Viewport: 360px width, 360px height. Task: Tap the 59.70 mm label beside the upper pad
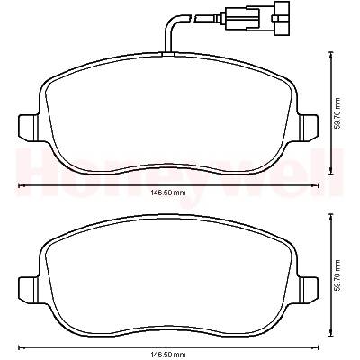click(x=338, y=113)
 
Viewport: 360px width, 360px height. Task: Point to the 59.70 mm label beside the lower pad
click(x=338, y=275)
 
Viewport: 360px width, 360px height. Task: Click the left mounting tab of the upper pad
click(x=29, y=127)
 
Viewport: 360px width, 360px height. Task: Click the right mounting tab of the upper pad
click(x=308, y=127)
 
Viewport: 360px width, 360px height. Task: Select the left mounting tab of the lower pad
click(x=29, y=290)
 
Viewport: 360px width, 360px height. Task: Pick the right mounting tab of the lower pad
click(x=308, y=290)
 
